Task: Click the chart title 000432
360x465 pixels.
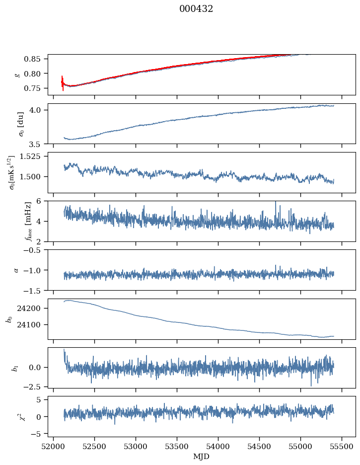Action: tap(196, 9)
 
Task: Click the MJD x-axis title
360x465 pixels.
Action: tap(202, 456)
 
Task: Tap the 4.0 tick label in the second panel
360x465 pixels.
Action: tap(39, 110)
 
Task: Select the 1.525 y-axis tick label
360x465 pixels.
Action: tap(33, 156)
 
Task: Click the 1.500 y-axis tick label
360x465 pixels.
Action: tap(33, 176)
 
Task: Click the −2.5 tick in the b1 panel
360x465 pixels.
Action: tap(36, 386)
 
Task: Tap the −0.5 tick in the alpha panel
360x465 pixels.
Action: tap(36, 250)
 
